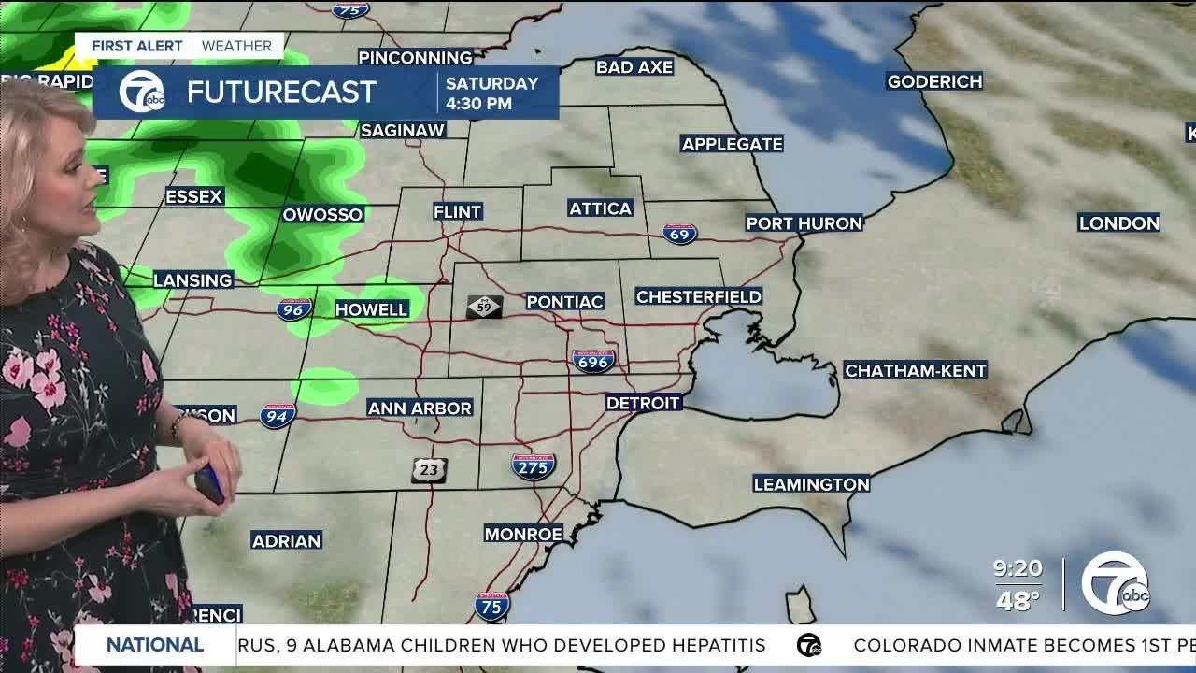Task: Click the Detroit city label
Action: click(x=644, y=403)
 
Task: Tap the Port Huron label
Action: click(x=804, y=223)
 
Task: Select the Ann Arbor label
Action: click(x=420, y=408)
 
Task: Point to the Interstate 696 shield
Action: click(x=593, y=360)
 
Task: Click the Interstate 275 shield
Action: click(x=533, y=465)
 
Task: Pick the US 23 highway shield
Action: click(x=429, y=470)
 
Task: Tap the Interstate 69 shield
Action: click(x=679, y=234)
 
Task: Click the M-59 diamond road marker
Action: click(x=485, y=307)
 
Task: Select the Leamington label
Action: click(x=811, y=484)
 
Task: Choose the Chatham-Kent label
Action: click(x=915, y=370)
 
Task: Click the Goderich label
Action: click(x=934, y=81)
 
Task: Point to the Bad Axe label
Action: click(x=634, y=66)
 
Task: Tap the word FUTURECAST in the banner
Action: click(x=281, y=92)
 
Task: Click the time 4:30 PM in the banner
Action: click(x=478, y=104)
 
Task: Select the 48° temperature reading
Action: click(x=1018, y=601)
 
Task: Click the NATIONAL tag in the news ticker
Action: click(x=155, y=645)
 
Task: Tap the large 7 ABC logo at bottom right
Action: click(x=1116, y=583)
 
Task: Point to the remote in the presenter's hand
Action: click(x=209, y=483)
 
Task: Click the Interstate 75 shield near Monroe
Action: click(x=491, y=607)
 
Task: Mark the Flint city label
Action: click(x=458, y=212)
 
